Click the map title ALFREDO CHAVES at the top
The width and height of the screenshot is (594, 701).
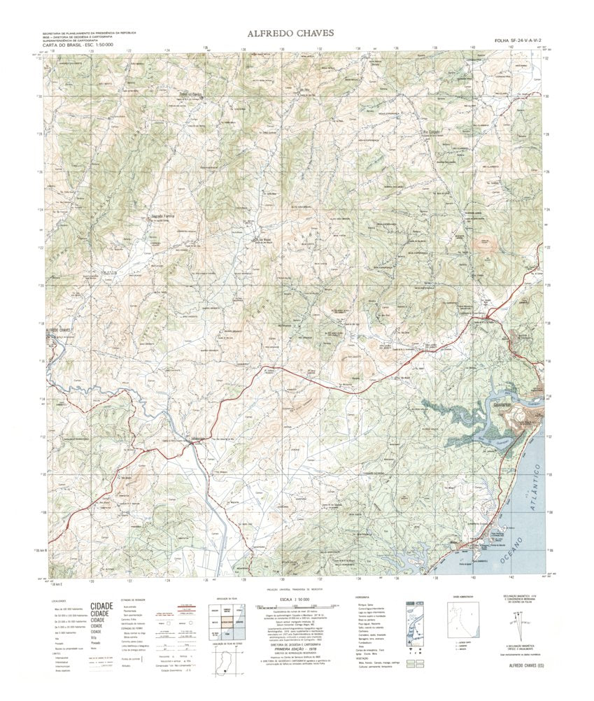click(290, 33)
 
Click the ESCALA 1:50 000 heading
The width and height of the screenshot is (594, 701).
click(297, 600)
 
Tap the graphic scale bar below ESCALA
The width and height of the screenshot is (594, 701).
click(297, 607)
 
